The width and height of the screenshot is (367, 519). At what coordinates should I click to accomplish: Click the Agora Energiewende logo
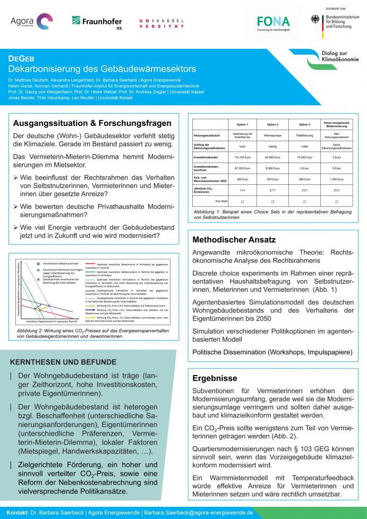coord(31,22)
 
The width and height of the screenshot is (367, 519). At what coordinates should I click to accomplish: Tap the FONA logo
coord(274,23)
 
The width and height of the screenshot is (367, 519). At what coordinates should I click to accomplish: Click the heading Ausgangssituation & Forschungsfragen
coord(92,123)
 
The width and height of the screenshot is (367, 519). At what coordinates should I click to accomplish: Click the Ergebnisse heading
coord(215,378)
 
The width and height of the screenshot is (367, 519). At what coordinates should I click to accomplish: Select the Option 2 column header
coord(272,124)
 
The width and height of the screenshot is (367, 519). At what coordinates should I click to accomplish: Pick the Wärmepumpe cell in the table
coord(272,135)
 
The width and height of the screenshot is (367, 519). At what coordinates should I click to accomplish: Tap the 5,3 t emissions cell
coord(337,190)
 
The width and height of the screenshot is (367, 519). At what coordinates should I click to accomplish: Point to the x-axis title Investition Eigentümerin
coord(52,321)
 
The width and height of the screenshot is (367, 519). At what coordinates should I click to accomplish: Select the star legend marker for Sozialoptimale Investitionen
coord(38,278)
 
